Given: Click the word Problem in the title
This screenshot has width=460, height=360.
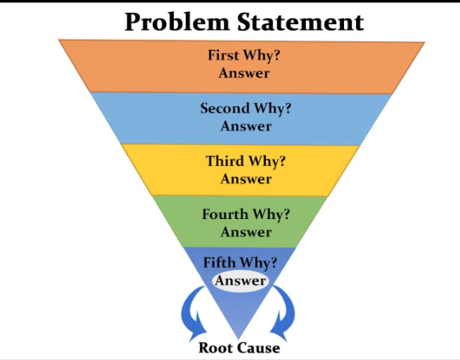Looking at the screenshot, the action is [x=177, y=23].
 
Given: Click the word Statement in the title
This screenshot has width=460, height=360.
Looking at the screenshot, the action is [x=300, y=22].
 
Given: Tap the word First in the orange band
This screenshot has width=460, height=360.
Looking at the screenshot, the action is [x=223, y=55].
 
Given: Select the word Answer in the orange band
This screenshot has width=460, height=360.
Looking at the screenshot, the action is [x=244, y=73].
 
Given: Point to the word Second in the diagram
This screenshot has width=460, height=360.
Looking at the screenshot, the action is [x=225, y=108].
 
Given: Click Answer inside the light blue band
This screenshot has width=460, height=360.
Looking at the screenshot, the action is [x=246, y=126].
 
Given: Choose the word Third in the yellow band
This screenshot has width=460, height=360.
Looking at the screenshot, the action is [x=226, y=161].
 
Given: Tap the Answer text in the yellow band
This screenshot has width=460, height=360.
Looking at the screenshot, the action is [x=246, y=179].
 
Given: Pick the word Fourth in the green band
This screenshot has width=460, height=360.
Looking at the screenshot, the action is [x=226, y=214].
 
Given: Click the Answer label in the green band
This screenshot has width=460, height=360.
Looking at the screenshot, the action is [x=246, y=232].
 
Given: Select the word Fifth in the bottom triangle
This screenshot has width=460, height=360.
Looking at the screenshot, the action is [x=218, y=263].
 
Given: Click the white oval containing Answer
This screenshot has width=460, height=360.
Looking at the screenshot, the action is [x=240, y=281].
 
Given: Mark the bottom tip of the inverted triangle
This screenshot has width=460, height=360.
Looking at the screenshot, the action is [x=238, y=339].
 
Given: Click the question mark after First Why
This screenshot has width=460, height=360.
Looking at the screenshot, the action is [x=276, y=55].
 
